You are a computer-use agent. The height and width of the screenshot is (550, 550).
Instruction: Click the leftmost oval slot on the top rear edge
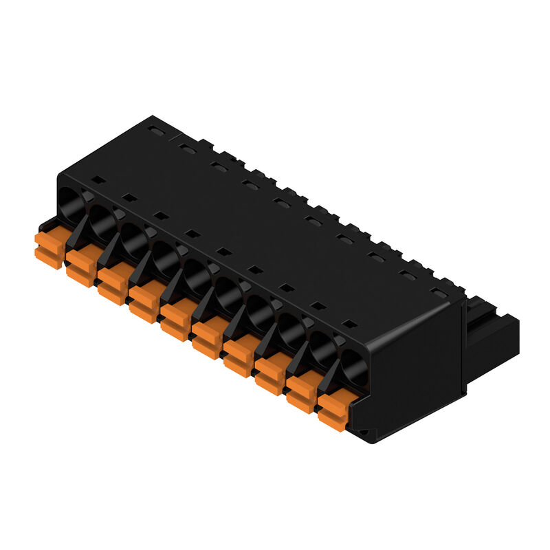(156, 130)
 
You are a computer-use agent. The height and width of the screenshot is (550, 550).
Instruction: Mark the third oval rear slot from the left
(219, 166)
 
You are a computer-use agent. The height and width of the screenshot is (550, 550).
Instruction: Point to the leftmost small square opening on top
(98, 180)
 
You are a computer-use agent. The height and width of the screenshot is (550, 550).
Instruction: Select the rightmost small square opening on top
(350, 324)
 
